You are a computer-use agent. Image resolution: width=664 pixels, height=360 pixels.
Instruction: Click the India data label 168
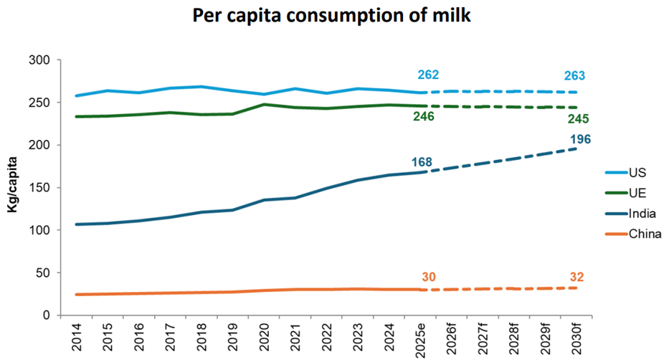(x=422, y=162)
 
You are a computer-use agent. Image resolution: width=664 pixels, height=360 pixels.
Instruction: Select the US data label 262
(x=428, y=75)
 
